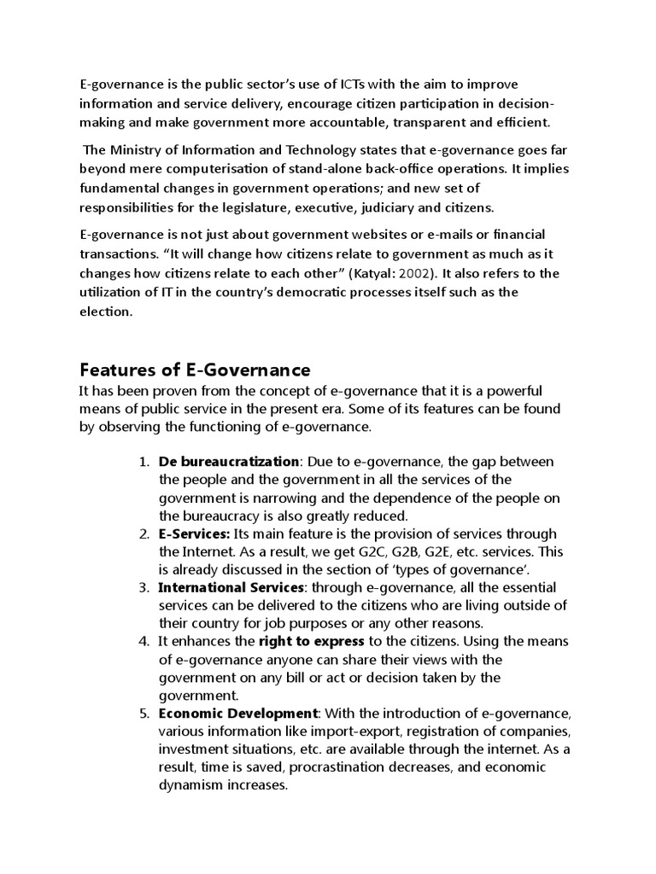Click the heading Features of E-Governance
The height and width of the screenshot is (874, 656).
(x=195, y=370)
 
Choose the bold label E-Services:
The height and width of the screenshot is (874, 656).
(x=195, y=533)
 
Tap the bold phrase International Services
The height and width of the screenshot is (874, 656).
(x=231, y=588)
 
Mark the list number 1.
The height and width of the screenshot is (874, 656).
(x=143, y=461)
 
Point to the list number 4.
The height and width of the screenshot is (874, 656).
(x=143, y=641)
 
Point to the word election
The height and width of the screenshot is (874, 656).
(x=106, y=312)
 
